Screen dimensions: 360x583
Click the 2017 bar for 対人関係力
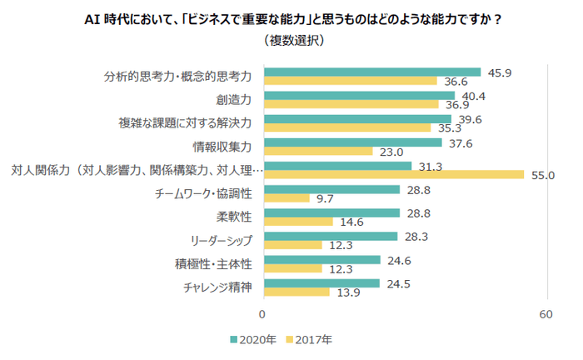(x=393, y=175)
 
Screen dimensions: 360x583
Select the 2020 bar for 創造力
(x=359, y=95)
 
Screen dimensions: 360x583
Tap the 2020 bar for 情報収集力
(x=352, y=142)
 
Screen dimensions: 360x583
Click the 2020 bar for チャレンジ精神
(x=321, y=283)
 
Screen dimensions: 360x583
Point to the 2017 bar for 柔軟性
(x=297, y=222)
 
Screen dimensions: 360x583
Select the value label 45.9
(x=500, y=72)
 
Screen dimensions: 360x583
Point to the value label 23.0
(x=391, y=152)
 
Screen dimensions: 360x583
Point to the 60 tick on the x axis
(x=547, y=314)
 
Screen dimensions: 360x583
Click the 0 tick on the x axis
(x=263, y=314)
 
